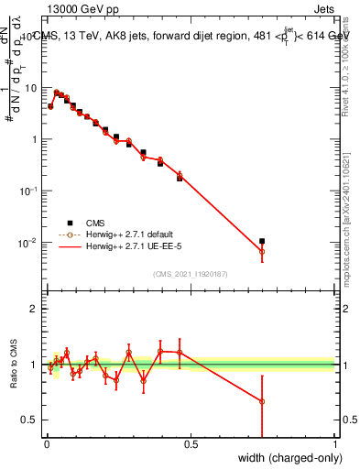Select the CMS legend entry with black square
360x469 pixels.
click(x=92, y=223)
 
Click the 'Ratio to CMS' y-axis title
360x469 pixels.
click(x=15, y=364)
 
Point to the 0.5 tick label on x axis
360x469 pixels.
click(x=191, y=444)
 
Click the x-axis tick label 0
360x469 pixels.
click(x=46, y=444)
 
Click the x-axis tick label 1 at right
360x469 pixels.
click(x=335, y=444)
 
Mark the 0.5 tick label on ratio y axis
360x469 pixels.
click(x=30, y=420)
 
